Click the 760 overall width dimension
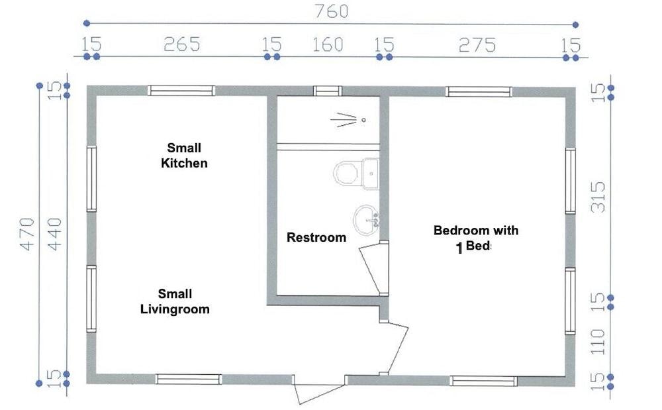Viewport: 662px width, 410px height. point(332,11)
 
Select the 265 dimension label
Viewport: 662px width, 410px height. point(181,44)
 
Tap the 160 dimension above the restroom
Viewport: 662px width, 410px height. point(328,44)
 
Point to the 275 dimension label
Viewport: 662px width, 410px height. point(477,45)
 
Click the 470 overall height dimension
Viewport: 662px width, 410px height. point(27,234)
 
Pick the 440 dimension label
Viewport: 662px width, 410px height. point(54,234)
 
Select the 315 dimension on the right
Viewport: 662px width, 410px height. point(598,197)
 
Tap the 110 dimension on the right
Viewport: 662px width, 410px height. point(598,342)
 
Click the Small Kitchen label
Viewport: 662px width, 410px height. point(184,156)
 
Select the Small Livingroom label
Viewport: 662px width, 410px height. point(175,301)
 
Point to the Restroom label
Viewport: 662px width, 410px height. point(316,237)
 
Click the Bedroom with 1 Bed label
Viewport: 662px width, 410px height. point(475,238)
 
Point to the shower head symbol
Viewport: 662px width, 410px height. point(348,120)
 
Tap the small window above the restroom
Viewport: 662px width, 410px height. point(328,91)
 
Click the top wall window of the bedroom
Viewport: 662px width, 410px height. point(479,91)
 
